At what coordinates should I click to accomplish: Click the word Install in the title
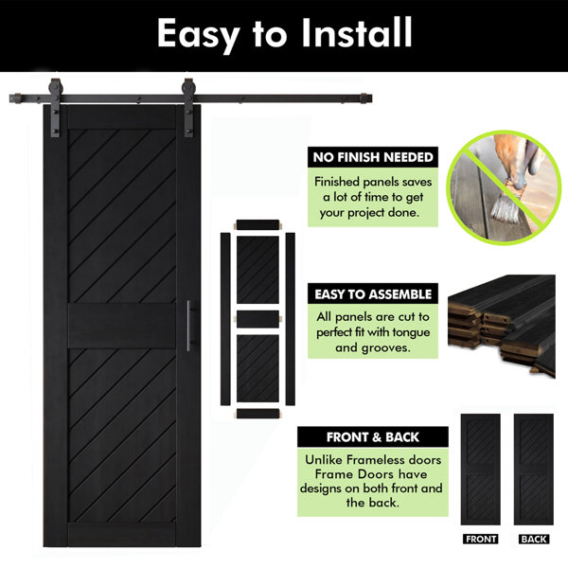click(x=357, y=32)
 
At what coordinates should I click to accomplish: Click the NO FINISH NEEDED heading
click(x=373, y=157)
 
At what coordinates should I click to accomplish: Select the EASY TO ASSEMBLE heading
click(x=373, y=294)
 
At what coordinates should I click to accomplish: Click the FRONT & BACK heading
click(x=373, y=437)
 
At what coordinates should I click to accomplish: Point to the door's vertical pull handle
click(x=188, y=326)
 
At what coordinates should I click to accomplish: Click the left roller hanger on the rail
click(x=56, y=108)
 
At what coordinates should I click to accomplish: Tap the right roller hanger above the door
click(x=188, y=108)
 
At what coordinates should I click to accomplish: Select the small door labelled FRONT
click(x=480, y=470)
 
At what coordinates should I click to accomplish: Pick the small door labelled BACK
click(x=534, y=470)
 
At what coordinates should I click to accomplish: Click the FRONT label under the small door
click(x=480, y=539)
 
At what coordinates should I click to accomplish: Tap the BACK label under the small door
click(x=534, y=539)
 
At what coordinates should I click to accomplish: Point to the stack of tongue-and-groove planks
click(x=502, y=326)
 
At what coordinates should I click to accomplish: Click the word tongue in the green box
click(x=411, y=332)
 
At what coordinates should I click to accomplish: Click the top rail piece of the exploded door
click(x=257, y=224)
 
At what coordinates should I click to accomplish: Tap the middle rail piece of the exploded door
click(x=257, y=320)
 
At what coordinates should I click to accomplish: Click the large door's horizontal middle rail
click(x=122, y=326)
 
